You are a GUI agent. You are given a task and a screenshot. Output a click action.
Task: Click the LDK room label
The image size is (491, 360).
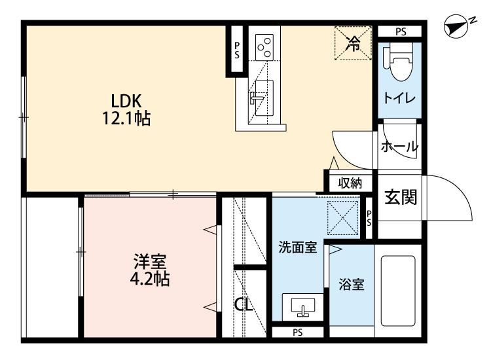point(126,101)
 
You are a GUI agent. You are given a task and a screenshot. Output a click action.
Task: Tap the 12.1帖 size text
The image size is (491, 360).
point(126,118)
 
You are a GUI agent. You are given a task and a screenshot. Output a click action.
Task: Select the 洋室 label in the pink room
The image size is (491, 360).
point(150,262)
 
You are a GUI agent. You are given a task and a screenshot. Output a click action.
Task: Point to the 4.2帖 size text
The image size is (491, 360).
point(150,279)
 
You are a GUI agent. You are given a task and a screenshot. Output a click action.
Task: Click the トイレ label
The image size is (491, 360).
point(399,98)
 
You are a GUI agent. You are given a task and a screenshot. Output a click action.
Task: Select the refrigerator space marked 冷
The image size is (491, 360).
point(354,43)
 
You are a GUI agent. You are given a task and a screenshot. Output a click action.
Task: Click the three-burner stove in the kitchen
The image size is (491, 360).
point(264,48)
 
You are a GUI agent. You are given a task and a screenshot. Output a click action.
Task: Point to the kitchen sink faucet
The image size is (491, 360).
point(256,98)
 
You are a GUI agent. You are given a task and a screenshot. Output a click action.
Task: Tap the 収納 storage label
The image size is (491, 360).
point(350,183)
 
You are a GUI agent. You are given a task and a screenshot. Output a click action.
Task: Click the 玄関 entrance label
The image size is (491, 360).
point(401,197)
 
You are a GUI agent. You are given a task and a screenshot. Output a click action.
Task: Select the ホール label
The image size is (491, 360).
point(399,147)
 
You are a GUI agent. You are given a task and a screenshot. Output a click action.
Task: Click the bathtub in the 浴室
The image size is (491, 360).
point(398,291)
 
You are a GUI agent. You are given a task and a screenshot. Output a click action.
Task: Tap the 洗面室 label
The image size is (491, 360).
point(298,247)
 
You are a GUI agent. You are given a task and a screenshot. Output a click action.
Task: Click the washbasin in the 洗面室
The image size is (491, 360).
point(303,307)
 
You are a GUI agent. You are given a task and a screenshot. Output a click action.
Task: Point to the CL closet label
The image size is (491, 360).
point(244,304)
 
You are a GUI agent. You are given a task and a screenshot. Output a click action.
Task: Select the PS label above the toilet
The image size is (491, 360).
point(401,31)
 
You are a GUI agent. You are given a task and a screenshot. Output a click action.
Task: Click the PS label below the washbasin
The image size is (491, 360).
point(298,333)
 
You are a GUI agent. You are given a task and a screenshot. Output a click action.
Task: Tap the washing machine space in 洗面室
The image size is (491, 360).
point(342,217)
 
